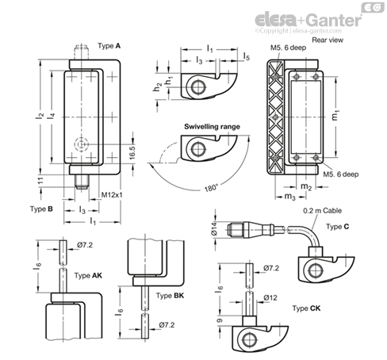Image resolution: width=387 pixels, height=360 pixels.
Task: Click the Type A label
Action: (x=109, y=46)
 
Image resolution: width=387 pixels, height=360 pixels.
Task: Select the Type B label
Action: (x=41, y=209)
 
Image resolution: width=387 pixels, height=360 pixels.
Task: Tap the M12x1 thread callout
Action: (x=112, y=195)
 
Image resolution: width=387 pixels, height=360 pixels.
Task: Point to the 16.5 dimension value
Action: (x=132, y=152)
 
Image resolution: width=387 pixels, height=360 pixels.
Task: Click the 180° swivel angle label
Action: (x=211, y=188)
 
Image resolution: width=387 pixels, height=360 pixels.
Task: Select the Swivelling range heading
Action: (x=212, y=127)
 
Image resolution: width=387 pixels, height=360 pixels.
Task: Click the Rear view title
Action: (x=328, y=40)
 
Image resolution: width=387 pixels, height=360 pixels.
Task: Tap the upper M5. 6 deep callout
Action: (x=288, y=48)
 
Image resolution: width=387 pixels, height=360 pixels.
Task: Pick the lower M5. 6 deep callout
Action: (x=341, y=174)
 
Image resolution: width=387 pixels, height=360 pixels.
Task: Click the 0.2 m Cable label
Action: (x=322, y=211)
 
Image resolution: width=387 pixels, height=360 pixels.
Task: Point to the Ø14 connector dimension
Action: (x=214, y=228)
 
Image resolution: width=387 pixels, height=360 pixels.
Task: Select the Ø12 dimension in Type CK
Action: (x=270, y=298)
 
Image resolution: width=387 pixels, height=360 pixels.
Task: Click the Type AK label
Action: (x=88, y=275)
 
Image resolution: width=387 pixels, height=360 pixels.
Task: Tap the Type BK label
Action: (x=170, y=295)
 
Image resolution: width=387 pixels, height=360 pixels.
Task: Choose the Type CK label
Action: (x=306, y=308)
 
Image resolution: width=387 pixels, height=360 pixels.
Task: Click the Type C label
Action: (x=337, y=227)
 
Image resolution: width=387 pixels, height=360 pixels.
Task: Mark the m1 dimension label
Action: (x=335, y=115)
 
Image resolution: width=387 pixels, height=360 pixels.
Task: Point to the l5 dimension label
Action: (x=247, y=56)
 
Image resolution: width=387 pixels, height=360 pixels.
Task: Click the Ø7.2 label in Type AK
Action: (x=85, y=245)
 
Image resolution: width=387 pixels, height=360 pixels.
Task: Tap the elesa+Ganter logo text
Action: (x=308, y=20)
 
